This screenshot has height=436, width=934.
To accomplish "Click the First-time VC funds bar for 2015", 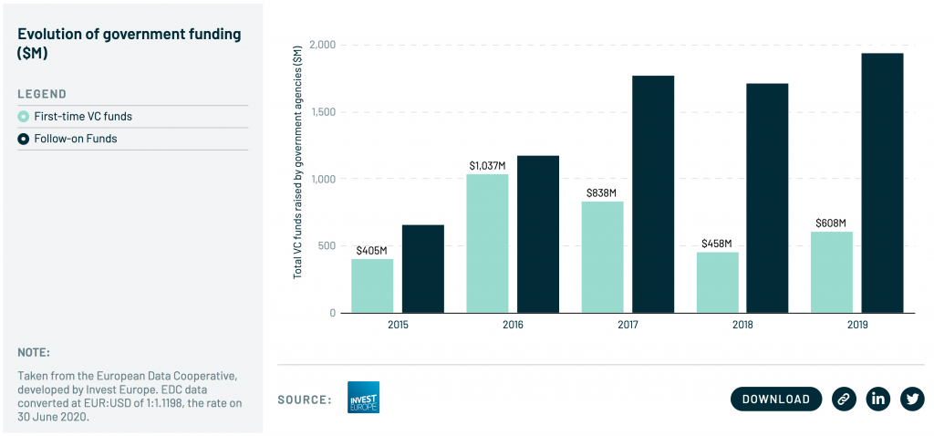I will pyautogui.click(x=372, y=285).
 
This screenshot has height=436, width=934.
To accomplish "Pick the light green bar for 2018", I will pyautogui.click(x=717, y=282).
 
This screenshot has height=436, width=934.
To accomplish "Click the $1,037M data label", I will pyautogui.click(x=487, y=165).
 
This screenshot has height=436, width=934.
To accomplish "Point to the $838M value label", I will pyautogui.click(x=602, y=192).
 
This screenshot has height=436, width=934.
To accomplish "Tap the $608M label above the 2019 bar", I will pyautogui.click(x=831, y=223).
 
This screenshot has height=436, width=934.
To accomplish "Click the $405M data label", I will pyautogui.click(x=372, y=250).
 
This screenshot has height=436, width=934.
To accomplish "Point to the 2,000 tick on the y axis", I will pyautogui.click(x=323, y=45).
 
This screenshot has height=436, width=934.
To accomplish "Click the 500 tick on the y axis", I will pyautogui.click(x=327, y=246).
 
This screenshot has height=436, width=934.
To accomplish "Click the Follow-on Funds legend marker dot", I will pyautogui.click(x=24, y=139).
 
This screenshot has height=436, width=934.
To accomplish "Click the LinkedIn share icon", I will pyautogui.click(x=878, y=399).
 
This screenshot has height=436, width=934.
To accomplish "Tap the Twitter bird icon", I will pyautogui.click(x=912, y=399).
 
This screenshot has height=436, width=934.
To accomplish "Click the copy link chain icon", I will pyautogui.click(x=845, y=399).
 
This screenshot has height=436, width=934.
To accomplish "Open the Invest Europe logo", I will pyautogui.click(x=363, y=398).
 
